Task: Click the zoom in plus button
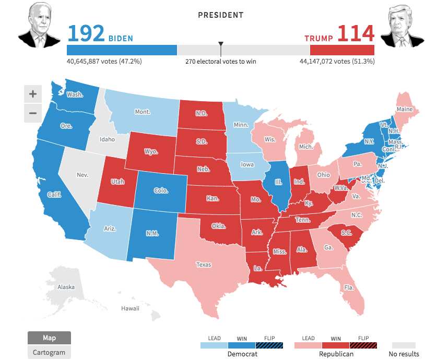(32, 94)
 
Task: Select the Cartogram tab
(49, 352)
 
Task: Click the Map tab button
(49, 338)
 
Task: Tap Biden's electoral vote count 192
(86, 34)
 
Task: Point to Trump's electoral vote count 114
(356, 34)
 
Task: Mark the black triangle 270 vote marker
(221, 45)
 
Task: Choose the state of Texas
(204, 265)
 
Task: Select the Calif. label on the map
(54, 195)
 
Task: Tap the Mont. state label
(143, 112)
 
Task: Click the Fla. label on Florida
(348, 287)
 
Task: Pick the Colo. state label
(161, 191)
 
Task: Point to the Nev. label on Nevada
(82, 175)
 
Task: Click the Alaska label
(66, 287)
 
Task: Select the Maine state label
(404, 110)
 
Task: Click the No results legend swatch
(404, 345)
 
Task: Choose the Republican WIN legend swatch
(335, 345)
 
